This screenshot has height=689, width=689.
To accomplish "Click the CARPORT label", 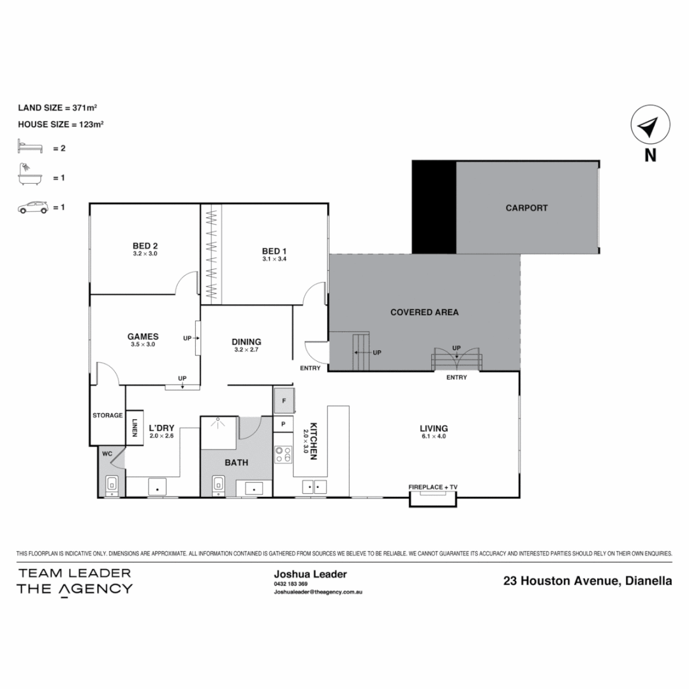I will tap(526, 208).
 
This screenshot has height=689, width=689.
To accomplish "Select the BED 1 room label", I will tap(274, 250).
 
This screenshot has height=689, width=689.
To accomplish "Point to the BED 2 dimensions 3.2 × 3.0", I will tap(145, 254).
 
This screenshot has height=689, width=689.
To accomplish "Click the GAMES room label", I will tap(142, 337).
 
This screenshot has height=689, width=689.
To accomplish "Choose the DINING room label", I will tap(246, 342).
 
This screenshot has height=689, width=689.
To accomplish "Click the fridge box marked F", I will tap(283, 401).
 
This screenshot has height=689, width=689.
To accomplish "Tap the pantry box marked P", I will tap(283, 424).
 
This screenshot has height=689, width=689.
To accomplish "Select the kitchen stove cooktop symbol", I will tap(283, 454).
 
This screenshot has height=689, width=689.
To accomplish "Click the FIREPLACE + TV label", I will tap(433, 487).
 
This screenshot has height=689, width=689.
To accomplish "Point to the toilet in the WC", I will tap(112, 485).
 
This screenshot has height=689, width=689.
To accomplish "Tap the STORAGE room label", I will tap(107, 415).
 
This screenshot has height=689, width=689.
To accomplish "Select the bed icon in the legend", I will tap(30, 148).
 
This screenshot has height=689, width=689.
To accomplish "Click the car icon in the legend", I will tap(33, 207).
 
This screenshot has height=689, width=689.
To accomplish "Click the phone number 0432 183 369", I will tap(291, 584).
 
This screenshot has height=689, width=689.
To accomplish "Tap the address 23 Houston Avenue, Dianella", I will tap(587, 581).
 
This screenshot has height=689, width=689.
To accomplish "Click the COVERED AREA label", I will tap(424, 312).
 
